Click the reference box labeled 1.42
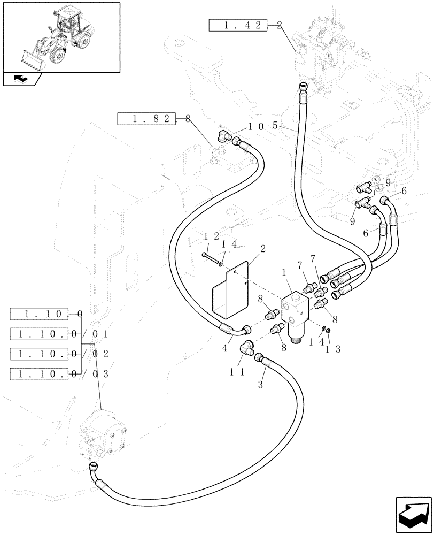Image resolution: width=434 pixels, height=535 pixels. click(237, 25)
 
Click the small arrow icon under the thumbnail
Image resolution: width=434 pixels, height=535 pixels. click(22, 80)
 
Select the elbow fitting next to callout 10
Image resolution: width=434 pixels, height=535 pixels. click(223, 136)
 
